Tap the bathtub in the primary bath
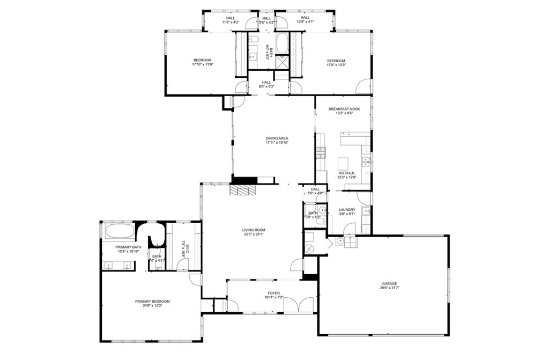click(120, 232)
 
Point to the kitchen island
click(343, 163)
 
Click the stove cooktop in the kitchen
click(321, 153)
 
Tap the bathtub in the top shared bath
click(283, 43)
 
